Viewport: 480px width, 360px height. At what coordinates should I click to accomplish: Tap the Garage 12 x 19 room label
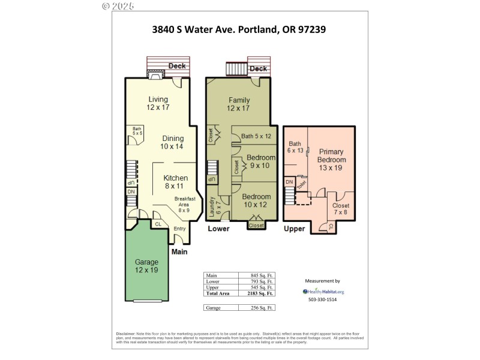pos(146,266)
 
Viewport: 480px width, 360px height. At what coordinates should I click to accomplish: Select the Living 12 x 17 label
pos(158,103)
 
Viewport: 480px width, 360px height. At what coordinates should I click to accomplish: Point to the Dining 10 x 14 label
pos(172,142)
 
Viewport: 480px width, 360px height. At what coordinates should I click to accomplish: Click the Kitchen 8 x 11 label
pos(176,182)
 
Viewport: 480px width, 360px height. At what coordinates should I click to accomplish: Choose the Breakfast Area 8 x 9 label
pos(185,204)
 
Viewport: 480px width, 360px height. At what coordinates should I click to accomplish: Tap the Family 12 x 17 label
pos(238,104)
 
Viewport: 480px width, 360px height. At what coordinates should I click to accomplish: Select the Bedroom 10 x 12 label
pos(257,200)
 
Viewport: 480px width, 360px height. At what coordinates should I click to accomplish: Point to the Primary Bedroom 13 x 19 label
pos(332,160)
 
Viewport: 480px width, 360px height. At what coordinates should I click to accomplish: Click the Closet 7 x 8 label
pos(341,209)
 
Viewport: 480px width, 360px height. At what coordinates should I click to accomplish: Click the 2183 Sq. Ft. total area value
pos(262,293)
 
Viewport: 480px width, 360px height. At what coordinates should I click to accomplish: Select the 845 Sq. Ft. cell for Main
pos(262,275)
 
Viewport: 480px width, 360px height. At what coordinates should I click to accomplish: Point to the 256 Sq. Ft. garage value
pos(262,308)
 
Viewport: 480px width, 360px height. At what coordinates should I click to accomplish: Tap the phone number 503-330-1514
pos(322,299)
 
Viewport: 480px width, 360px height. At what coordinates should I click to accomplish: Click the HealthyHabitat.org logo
pos(323,292)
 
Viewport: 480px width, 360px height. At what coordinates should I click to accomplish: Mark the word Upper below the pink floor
pos(294,229)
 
